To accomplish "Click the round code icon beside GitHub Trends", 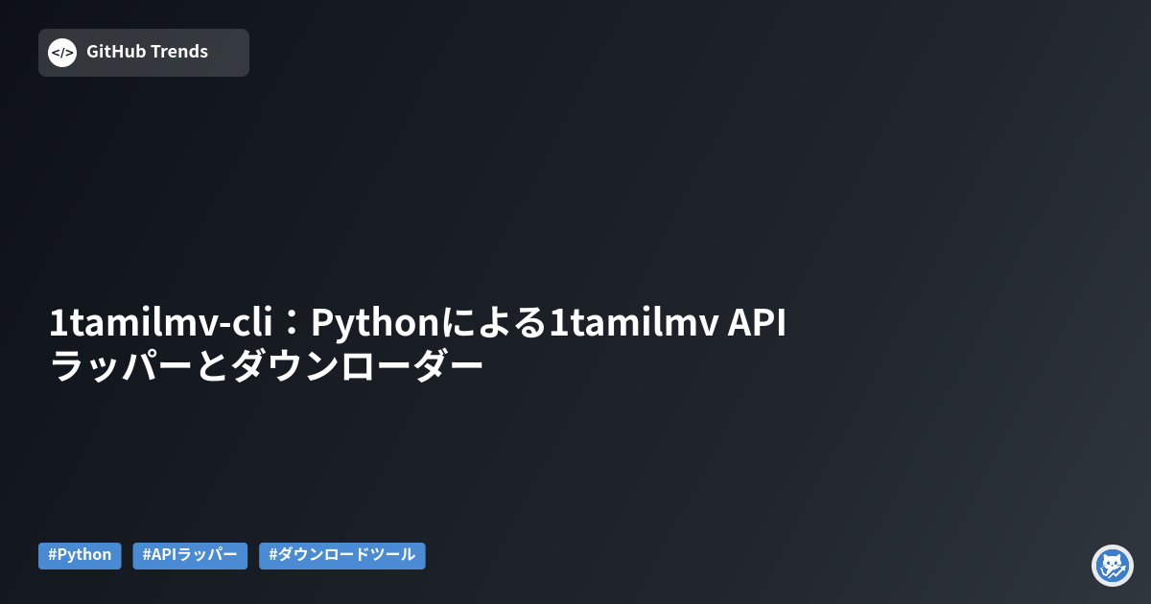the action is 62,53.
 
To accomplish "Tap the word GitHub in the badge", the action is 116,52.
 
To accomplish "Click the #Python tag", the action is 80,556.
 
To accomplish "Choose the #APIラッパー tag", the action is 190,556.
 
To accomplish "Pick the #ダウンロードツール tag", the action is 342,556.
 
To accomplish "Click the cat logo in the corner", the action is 1113,566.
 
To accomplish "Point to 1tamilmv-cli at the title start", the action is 161,322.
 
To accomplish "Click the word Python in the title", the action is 375,324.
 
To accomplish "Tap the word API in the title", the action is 757,322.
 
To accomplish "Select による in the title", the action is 493,322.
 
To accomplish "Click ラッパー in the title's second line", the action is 121,365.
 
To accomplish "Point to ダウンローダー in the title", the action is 358,365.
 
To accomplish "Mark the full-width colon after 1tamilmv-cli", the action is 292,324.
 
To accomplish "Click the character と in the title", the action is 212,365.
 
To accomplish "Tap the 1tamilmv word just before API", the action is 634,322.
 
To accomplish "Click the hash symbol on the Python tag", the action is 52,555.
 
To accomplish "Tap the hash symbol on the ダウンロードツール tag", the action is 272,555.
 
